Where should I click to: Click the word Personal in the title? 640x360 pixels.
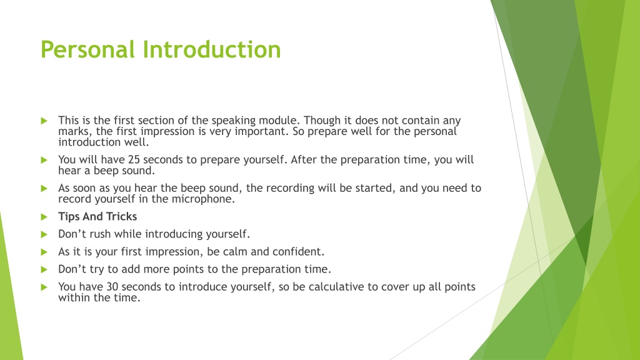87,49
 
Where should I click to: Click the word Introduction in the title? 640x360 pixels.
212,49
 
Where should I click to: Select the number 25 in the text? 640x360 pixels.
134,159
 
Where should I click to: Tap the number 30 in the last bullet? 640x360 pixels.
112,286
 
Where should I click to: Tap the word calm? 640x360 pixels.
235,251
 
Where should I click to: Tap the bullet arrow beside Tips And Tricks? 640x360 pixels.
44,217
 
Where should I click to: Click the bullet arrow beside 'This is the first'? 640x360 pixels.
44,121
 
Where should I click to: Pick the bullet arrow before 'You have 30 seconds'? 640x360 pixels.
44,287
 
